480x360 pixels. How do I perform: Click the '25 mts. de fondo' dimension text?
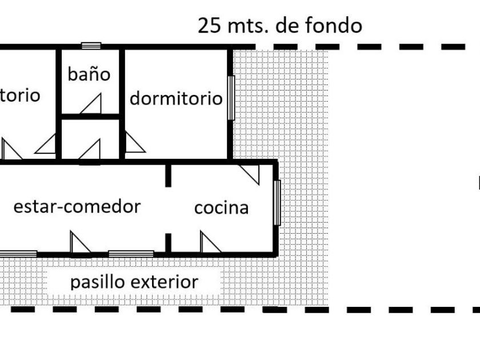point(279,26)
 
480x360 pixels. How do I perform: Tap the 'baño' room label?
point(89,74)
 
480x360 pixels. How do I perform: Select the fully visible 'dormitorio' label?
point(175,98)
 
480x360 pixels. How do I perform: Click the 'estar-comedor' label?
point(77,206)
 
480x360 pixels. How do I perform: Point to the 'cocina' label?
point(221,207)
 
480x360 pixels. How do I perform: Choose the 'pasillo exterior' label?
point(134,282)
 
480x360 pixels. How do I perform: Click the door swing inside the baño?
point(91,104)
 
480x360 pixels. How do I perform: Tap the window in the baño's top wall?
point(91,46)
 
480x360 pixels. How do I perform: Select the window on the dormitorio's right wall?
point(231,98)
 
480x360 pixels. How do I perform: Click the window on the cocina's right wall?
point(277,203)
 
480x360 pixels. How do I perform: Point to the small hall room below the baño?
point(90,138)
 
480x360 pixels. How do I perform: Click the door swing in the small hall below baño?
point(91,148)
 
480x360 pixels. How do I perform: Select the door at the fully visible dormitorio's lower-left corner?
point(134,143)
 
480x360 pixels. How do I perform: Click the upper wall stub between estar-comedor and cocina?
point(168,175)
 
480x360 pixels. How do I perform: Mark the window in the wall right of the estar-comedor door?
point(131,253)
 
